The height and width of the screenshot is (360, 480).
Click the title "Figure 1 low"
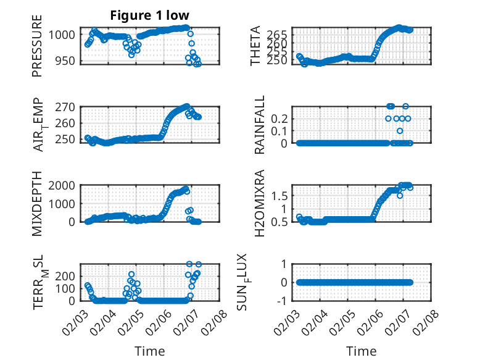150,15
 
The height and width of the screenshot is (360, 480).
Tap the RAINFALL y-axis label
260,125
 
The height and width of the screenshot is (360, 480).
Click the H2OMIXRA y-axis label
260,203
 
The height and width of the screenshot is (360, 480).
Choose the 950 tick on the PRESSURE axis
68,61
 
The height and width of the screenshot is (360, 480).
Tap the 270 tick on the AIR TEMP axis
68,107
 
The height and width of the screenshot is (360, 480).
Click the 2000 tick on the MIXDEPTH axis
66,185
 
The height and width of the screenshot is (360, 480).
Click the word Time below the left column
150,351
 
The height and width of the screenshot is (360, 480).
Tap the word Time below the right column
362,351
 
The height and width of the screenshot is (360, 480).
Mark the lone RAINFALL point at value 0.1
400,131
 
